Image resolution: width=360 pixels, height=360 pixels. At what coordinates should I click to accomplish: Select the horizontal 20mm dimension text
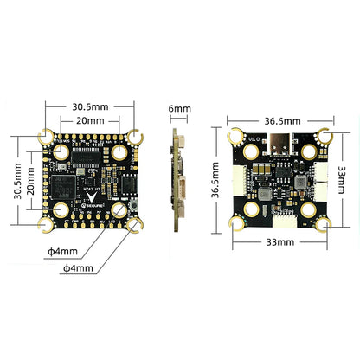[90, 120]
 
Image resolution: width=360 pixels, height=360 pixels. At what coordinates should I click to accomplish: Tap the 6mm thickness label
[179, 109]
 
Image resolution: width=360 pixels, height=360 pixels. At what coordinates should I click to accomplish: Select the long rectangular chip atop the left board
[90, 157]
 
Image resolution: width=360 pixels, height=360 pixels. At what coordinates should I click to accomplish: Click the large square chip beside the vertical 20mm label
[61, 186]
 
